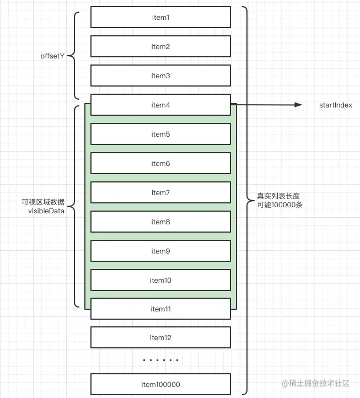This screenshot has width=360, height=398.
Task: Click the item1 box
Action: (160, 18)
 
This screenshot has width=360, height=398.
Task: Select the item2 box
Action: (160, 47)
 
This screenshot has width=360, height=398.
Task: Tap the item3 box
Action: (160, 76)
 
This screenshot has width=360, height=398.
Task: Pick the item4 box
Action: (160, 105)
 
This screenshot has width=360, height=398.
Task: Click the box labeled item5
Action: (160, 135)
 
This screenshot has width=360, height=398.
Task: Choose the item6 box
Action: (160, 164)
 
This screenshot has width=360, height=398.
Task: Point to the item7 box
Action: (160, 193)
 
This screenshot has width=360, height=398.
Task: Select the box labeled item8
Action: (160, 222)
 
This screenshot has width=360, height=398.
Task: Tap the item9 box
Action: (160, 251)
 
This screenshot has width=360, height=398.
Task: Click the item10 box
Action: (160, 281)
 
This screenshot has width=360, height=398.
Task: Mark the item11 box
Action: (160, 309)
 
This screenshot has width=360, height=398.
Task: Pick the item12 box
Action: (160, 338)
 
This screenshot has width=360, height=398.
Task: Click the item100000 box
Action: (160, 385)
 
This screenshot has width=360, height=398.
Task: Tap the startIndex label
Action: (335, 105)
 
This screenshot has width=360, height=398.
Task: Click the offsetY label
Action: (53, 56)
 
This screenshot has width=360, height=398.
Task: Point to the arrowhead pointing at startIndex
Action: (299, 105)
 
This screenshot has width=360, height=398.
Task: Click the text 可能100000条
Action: (279, 205)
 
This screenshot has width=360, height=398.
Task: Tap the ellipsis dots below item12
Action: (160, 361)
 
